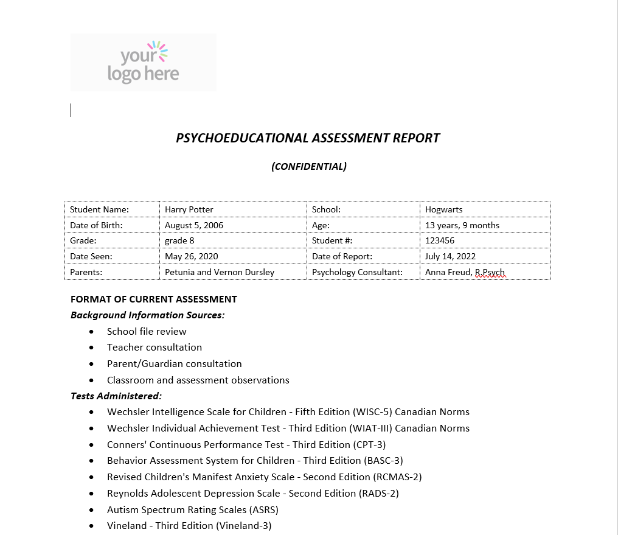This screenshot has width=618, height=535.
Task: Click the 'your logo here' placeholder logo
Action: pyautogui.click(x=144, y=62)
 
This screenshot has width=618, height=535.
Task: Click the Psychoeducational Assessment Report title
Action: pyautogui.click(x=308, y=138)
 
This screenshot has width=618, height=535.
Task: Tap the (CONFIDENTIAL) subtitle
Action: pyautogui.click(x=309, y=167)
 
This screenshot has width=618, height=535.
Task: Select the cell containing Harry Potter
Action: pyautogui.click(x=189, y=209)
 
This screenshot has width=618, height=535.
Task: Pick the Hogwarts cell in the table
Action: pyautogui.click(x=444, y=209)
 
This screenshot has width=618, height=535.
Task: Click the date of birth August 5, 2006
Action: pyautogui.click(x=194, y=225)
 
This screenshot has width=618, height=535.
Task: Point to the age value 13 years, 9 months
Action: pyautogui.click(x=462, y=225)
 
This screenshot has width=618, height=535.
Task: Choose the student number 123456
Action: pyautogui.click(x=440, y=240)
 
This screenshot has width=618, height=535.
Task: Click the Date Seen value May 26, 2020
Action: pyautogui.click(x=192, y=256)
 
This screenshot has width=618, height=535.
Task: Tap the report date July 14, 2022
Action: pyautogui.click(x=451, y=256)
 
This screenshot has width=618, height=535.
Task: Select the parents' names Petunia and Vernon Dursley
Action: pyautogui.click(x=220, y=272)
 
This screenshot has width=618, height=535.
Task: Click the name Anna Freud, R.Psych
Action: pyautogui.click(x=465, y=272)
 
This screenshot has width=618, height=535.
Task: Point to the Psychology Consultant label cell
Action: pyautogui.click(x=358, y=272)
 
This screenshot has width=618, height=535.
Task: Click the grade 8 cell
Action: pyautogui.click(x=179, y=240)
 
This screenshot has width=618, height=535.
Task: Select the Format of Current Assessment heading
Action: pyautogui.click(x=154, y=299)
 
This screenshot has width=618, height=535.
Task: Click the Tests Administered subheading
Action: pyautogui.click(x=116, y=396)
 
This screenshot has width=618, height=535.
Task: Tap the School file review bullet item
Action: pyautogui.click(x=147, y=332)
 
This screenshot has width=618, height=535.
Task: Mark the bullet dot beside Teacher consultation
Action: pyautogui.click(x=91, y=348)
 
